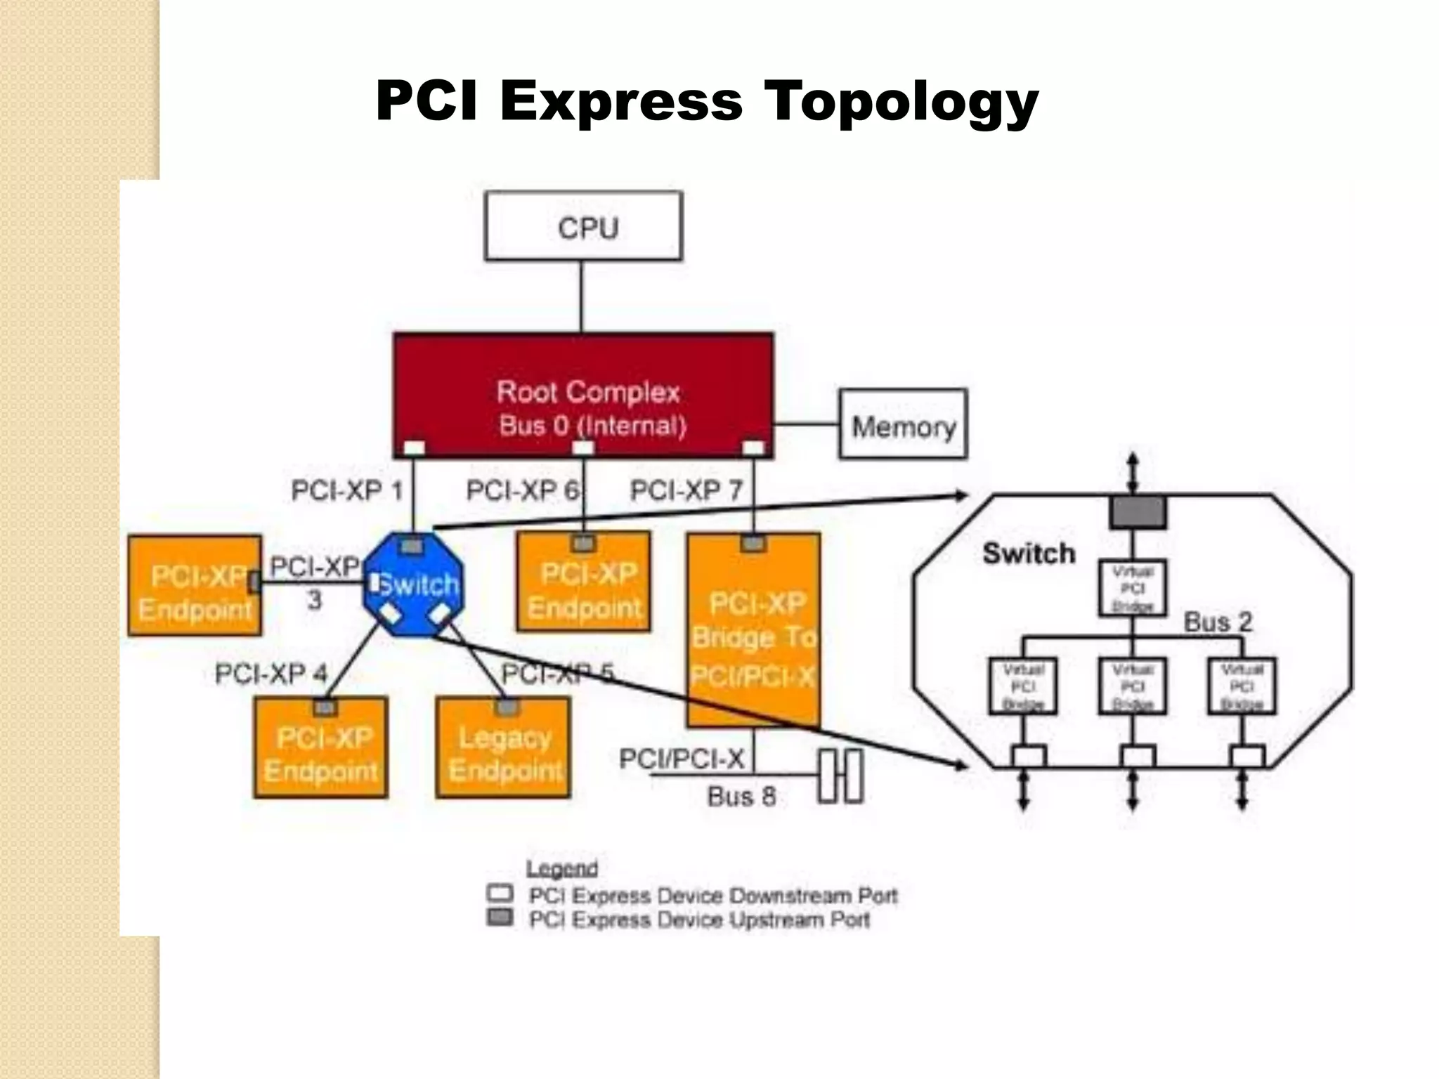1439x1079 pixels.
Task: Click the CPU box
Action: (x=583, y=226)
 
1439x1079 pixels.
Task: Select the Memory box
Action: (x=903, y=424)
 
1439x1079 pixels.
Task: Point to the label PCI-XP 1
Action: (x=347, y=490)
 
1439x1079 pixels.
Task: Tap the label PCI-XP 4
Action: (x=271, y=674)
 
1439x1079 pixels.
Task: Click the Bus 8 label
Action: (x=741, y=797)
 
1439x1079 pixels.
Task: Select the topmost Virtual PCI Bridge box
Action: (x=1132, y=588)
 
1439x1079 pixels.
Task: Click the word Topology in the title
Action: (x=901, y=100)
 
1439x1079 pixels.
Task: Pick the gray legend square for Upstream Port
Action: (x=500, y=917)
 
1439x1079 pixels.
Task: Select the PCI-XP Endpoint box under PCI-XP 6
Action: (x=583, y=587)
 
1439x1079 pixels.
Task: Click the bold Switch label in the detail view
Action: (x=1029, y=554)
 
